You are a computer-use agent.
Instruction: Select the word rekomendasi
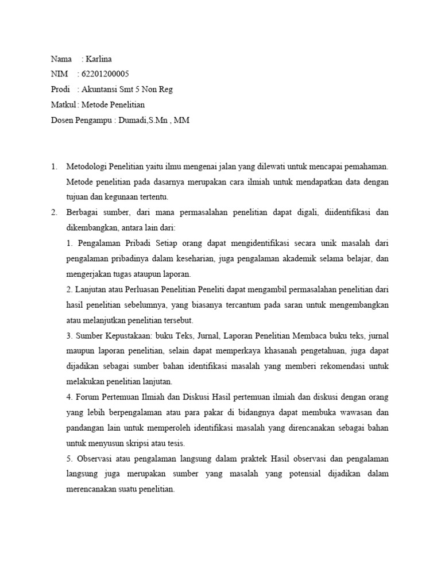pyautogui.click(x=331, y=365)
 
